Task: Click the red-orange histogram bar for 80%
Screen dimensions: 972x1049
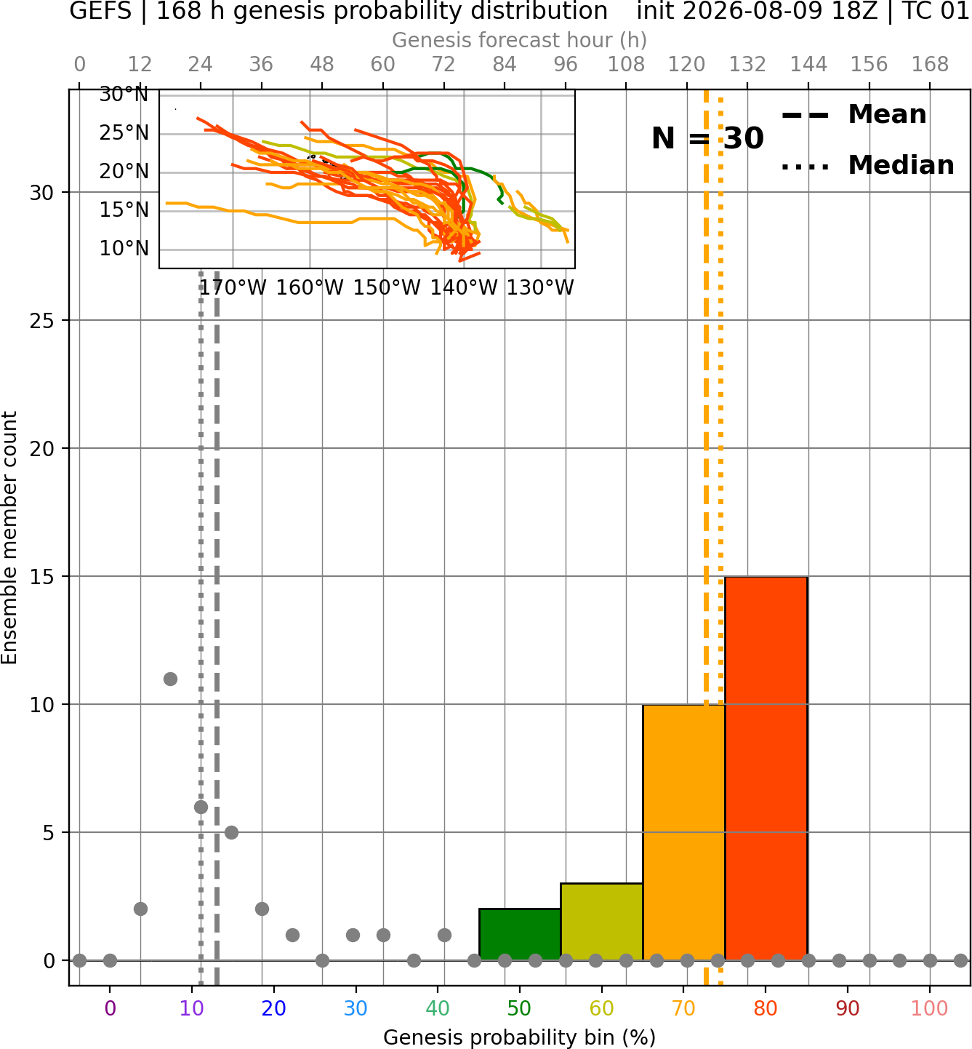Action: click(766, 768)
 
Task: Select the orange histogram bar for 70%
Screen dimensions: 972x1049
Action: click(683, 832)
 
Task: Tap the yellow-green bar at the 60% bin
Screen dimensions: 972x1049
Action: click(602, 921)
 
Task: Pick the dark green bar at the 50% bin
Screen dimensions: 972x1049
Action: click(520, 934)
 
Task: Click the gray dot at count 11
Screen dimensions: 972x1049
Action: click(170, 679)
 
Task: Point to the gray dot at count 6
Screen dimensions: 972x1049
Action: click(201, 807)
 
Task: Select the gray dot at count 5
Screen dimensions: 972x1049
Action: click(231, 832)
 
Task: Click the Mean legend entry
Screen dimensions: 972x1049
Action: click(853, 114)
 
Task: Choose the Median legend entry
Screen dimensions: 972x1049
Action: click(867, 165)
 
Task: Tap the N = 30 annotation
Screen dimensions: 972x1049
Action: click(707, 138)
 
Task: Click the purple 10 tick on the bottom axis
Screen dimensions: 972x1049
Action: click(192, 1008)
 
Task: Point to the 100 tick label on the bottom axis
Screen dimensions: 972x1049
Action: click(930, 1008)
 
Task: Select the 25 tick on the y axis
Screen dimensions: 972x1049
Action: click(42, 321)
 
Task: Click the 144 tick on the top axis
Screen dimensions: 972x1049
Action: click(808, 65)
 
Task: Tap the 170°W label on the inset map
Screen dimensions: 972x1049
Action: click(233, 288)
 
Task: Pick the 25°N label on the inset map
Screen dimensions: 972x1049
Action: click(124, 132)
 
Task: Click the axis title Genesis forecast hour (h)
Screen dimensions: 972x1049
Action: click(520, 40)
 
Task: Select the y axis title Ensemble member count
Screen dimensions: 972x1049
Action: click(9, 538)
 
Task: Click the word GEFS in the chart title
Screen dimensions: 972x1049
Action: click(100, 12)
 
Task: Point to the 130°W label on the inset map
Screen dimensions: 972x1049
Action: click(540, 288)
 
